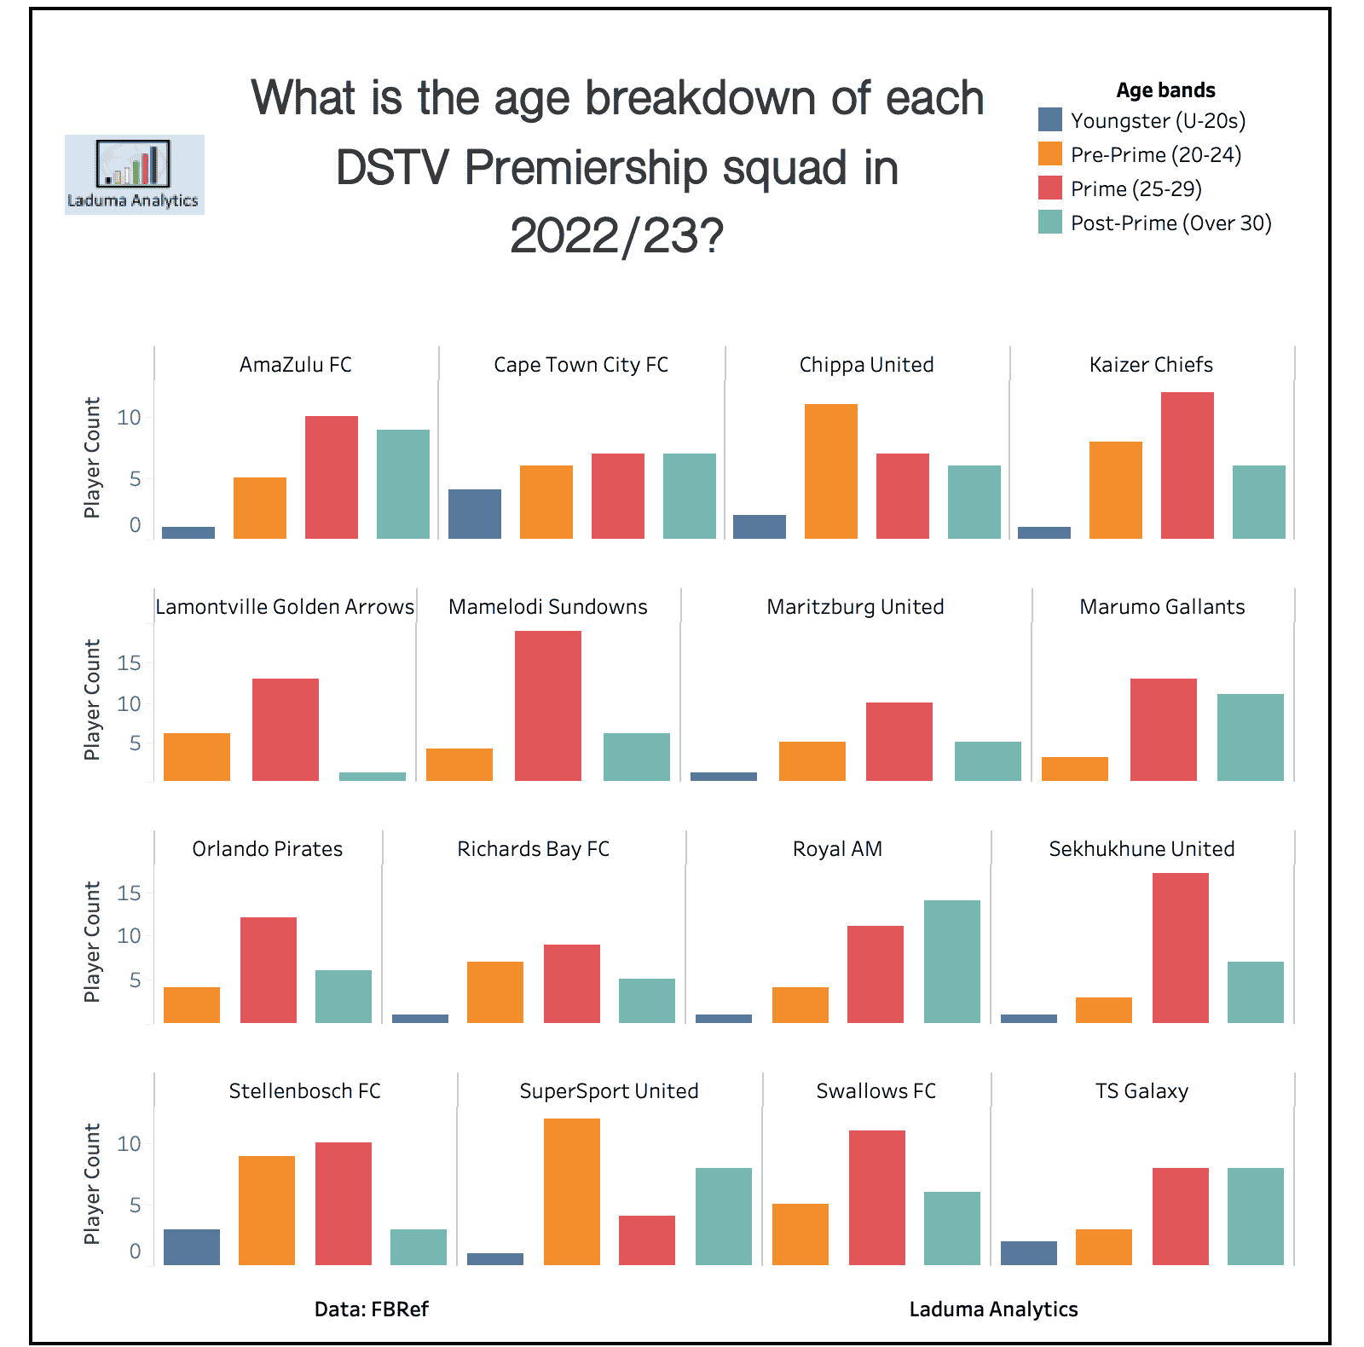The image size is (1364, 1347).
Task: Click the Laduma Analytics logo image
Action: [134, 174]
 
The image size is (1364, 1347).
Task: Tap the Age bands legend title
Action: [1165, 90]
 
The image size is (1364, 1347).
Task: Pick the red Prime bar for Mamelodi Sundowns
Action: [547, 706]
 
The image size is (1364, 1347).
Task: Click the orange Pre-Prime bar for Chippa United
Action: [830, 471]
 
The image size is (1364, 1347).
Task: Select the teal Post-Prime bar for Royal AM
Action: [951, 962]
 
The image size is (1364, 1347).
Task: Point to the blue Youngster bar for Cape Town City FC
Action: [475, 514]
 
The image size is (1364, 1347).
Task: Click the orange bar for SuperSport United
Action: [571, 1192]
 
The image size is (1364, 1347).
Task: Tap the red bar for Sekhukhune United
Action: [1180, 948]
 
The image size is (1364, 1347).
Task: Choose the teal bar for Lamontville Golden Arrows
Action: [372, 777]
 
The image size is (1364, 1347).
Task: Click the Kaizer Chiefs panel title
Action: [1151, 365]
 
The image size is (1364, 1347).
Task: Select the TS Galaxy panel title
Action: [1141, 1091]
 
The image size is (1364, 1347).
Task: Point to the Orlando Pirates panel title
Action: [267, 849]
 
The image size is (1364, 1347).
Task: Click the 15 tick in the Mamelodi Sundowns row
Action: [129, 663]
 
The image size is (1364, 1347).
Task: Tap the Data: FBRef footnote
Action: [371, 1309]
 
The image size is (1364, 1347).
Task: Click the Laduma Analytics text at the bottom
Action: [993, 1309]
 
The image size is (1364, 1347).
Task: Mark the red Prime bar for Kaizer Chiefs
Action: [1187, 465]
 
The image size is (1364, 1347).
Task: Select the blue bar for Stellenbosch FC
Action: [191, 1246]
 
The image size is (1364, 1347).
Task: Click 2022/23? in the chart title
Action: [616, 236]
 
